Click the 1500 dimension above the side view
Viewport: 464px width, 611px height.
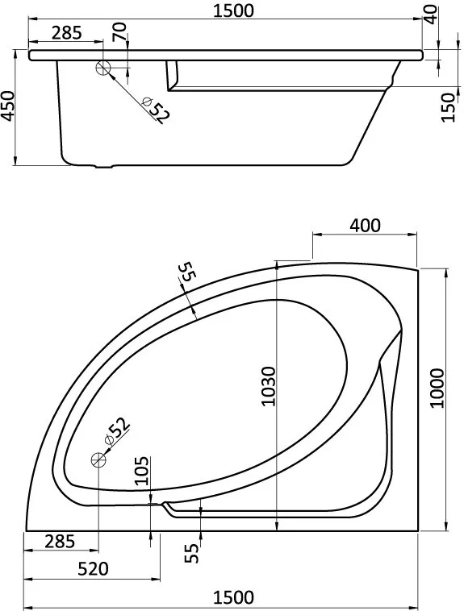pos(234,10)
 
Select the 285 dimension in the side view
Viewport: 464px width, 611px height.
pos(67,33)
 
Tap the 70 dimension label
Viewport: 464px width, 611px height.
pos(119,31)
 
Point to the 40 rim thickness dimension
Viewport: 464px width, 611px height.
pos(430,15)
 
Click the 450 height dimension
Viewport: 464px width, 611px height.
pos(8,106)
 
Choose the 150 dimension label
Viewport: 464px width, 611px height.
pos(449,107)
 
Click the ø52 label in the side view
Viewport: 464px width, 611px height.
pos(156,110)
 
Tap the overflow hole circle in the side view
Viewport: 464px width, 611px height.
pos(103,68)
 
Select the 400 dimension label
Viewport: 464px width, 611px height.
pos(365,225)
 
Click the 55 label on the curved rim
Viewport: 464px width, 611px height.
pos(186,271)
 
